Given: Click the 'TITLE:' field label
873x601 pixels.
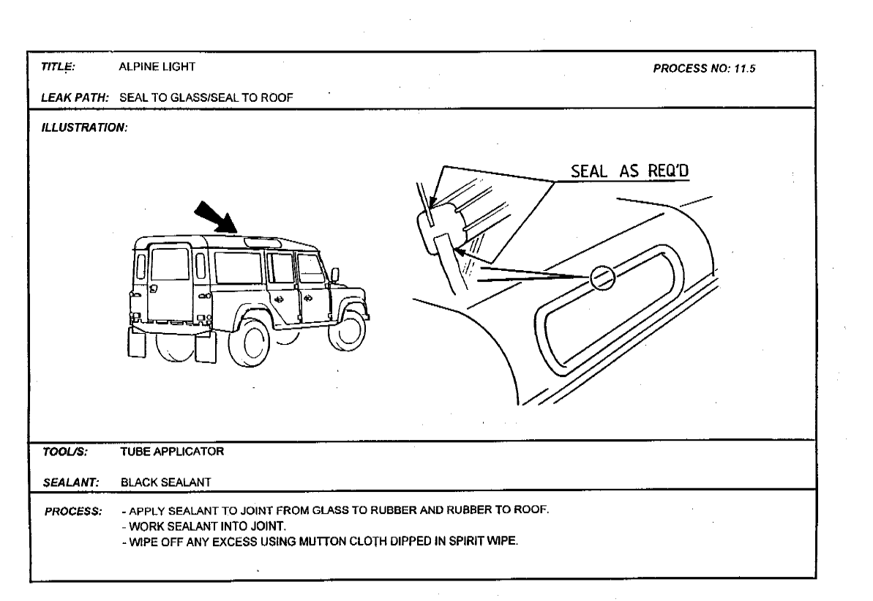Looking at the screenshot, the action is [x=58, y=67].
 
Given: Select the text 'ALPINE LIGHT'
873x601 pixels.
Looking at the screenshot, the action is [x=157, y=67].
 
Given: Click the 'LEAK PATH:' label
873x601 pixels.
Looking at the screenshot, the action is [x=75, y=97].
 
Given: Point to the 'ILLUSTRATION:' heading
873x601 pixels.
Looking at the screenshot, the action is [x=85, y=127].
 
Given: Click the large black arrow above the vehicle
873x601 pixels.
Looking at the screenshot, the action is [x=216, y=217].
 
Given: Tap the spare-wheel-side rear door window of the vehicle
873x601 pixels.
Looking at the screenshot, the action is [x=170, y=264].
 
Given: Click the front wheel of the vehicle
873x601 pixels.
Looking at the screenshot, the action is [x=347, y=331].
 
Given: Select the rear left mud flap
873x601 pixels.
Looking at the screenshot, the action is [x=136, y=342].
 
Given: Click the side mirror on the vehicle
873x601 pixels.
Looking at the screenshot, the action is [x=335, y=275].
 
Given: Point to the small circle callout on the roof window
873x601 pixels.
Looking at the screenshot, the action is [x=602, y=277].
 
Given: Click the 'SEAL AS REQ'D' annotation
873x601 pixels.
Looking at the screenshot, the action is [x=630, y=171].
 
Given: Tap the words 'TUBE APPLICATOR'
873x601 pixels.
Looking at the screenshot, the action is [x=172, y=452].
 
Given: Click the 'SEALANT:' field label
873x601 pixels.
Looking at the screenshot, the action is [x=71, y=482].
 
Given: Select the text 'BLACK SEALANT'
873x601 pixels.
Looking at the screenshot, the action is [x=166, y=482].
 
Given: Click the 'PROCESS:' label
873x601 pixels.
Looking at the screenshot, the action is [x=73, y=511].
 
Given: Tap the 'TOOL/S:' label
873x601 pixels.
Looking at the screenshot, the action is [x=65, y=452].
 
